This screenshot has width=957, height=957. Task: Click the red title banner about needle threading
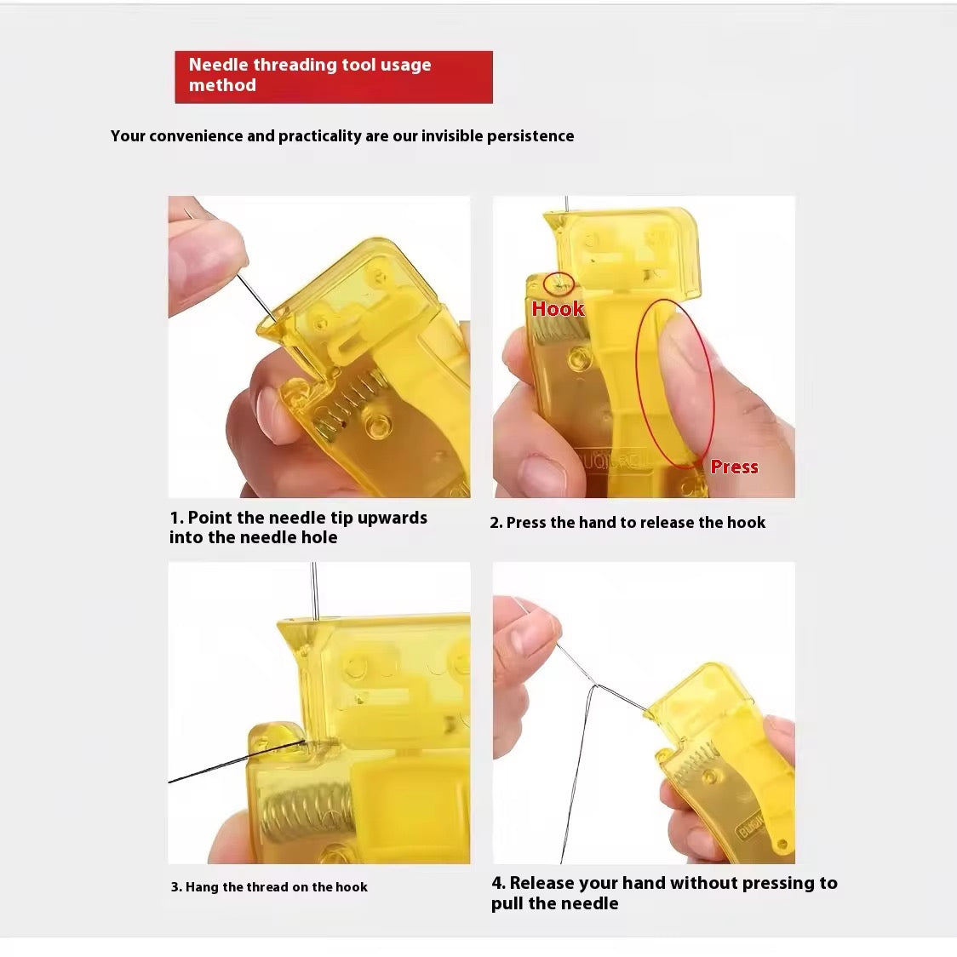[x=333, y=77]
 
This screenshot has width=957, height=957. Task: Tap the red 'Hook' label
[x=558, y=309]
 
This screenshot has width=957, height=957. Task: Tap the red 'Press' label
[x=734, y=467]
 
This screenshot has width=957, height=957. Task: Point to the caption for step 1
[x=298, y=527]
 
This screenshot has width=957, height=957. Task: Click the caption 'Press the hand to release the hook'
[x=627, y=523]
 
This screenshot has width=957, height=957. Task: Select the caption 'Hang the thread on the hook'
[x=269, y=887]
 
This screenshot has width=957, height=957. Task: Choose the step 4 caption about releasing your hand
[x=664, y=893]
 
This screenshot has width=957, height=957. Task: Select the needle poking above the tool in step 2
[x=566, y=204]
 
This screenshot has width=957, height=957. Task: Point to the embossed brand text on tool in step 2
[x=613, y=461]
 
